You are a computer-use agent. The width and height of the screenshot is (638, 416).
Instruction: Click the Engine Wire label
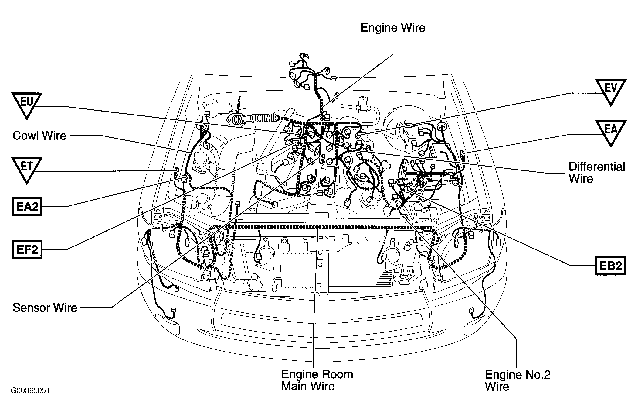pyautogui.click(x=392, y=28)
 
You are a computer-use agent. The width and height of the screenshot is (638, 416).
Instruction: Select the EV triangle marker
pyautogui.click(x=611, y=92)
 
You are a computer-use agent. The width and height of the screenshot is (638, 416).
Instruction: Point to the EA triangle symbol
pyautogui.click(x=611, y=133)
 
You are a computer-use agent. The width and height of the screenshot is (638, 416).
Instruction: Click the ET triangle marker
pyautogui.click(x=27, y=170)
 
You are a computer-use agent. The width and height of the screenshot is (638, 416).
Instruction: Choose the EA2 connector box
pyautogui.click(x=27, y=206)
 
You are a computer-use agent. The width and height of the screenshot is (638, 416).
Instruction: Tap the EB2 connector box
pyautogui.click(x=611, y=266)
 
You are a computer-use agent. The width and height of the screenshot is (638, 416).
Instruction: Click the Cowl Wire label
pyautogui.click(x=39, y=136)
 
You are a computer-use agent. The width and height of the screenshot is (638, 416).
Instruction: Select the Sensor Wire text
pyautogui.click(x=45, y=308)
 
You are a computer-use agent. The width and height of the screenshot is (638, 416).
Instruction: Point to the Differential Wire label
pyautogui.click(x=597, y=172)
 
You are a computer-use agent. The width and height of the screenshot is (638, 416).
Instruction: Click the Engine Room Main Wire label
pyautogui.click(x=317, y=380)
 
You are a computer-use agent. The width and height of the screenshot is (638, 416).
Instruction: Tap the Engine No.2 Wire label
pyautogui.click(x=518, y=380)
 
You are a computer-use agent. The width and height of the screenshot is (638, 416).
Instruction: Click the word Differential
pyautogui.click(x=597, y=167)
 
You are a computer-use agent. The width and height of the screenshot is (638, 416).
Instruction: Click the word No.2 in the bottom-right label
pyautogui.click(x=537, y=374)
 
